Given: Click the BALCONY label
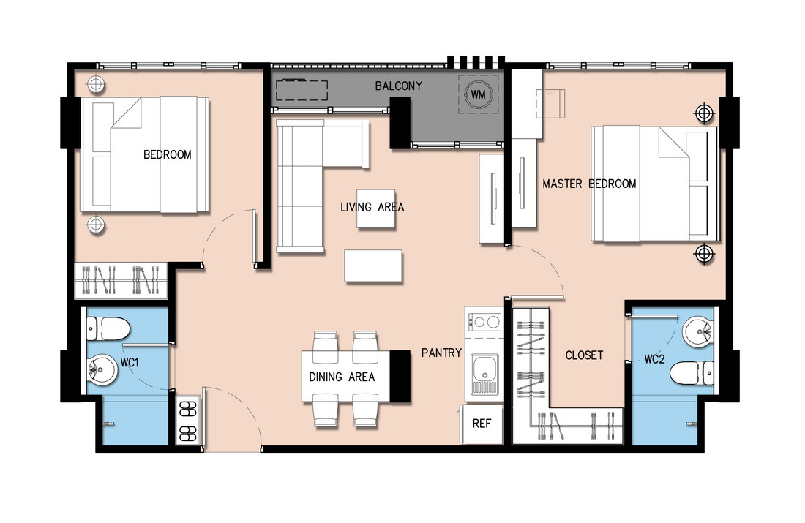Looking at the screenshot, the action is point(398,86).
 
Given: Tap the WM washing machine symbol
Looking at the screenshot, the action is point(478,94).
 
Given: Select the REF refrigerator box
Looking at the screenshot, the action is point(482,424).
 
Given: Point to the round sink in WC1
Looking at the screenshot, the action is point(103,369).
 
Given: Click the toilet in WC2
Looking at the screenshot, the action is point(692,372).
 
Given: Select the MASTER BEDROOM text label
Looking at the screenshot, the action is point(589,183).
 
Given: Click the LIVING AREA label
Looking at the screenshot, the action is point(372,207).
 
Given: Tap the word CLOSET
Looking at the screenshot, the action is point(584,355).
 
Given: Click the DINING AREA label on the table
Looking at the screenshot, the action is point(342,377).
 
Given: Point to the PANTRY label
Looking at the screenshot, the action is point(441,353).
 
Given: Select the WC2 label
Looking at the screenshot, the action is point(654,359).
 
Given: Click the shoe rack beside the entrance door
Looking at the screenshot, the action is point(188,421).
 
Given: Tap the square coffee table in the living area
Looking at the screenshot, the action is point(376,209).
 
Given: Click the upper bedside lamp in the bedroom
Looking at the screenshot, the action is point(95,84).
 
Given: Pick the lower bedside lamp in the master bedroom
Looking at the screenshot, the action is point(704,253).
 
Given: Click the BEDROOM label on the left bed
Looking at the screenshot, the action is point(168,154).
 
